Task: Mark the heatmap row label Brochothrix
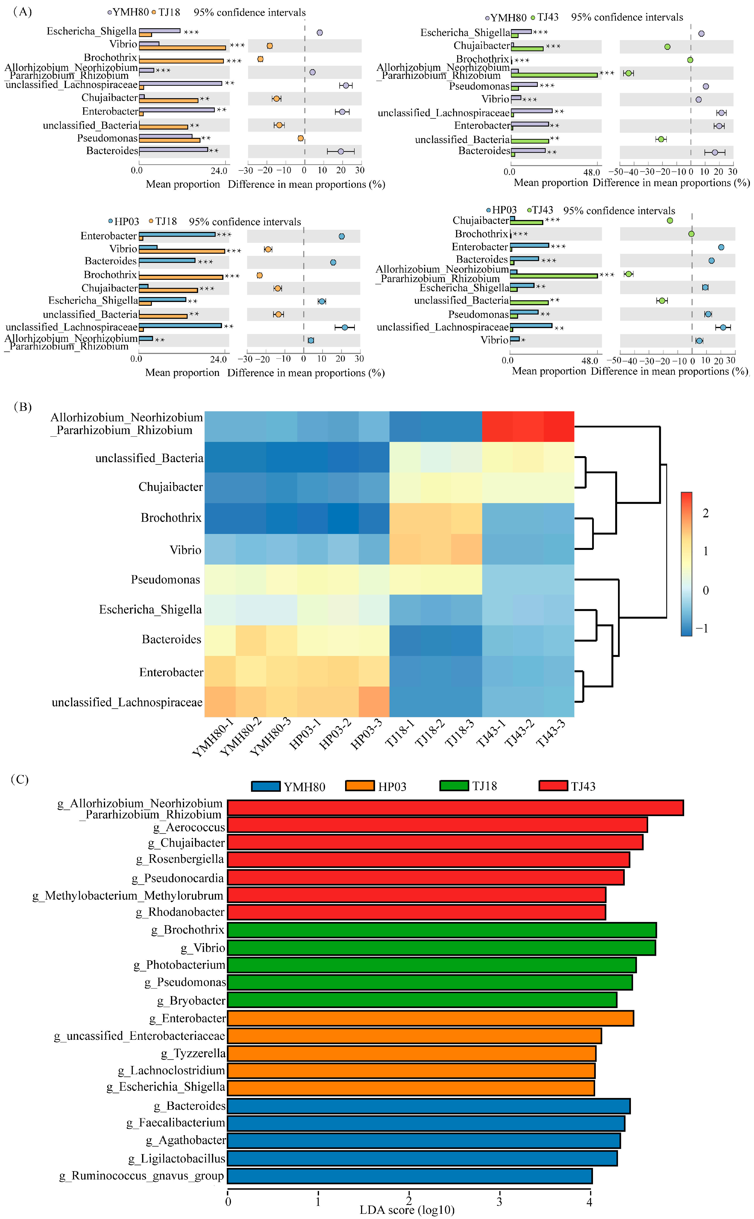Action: [x=171, y=518]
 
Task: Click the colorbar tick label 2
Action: [x=705, y=513]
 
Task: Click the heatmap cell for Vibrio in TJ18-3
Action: [x=466, y=549]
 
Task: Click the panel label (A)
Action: [x=22, y=11]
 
